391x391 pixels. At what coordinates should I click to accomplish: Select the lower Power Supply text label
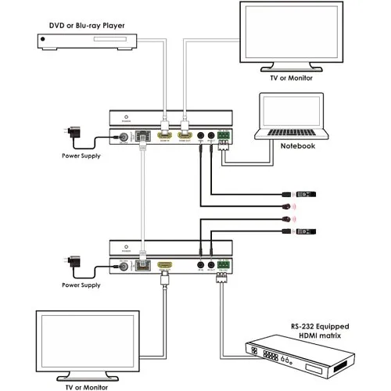[80, 285]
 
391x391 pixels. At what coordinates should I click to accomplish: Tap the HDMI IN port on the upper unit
[165, 137]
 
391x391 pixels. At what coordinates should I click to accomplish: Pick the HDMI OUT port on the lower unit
[165, 265]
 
